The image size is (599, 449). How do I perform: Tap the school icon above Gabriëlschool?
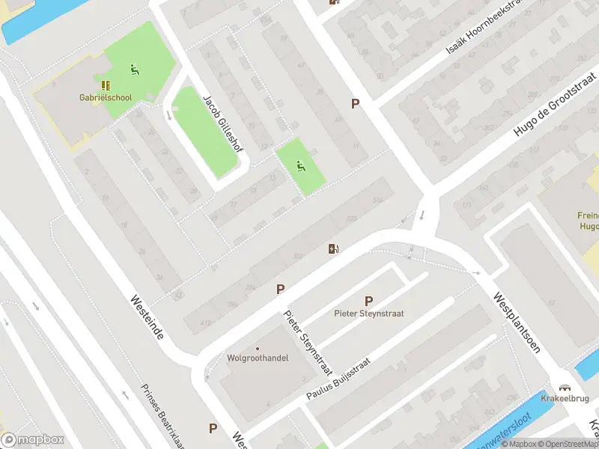106,85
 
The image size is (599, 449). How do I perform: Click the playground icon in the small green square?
302,166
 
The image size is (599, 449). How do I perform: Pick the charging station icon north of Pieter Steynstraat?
333,248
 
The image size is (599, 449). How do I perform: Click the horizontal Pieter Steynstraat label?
368,314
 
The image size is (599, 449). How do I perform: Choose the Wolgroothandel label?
258,358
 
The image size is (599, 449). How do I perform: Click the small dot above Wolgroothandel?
258,348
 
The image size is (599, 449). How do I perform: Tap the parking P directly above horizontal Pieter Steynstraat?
368,301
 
